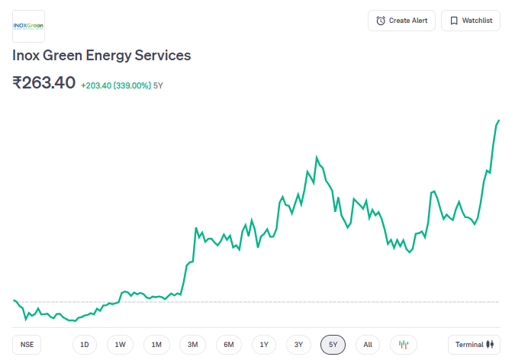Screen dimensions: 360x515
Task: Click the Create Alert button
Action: (401, 21)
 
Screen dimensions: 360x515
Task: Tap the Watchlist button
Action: (471, 21)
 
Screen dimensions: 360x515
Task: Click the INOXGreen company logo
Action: (29, 26)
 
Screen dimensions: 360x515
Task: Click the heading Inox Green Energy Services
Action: (101, 56)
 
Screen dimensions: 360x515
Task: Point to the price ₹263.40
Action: (43, 82)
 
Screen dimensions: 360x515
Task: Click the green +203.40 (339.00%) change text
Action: (115, 85)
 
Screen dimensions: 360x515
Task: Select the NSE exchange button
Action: (27, 345)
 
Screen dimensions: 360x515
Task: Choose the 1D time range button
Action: (85, 345)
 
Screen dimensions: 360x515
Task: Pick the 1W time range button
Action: (121, 345)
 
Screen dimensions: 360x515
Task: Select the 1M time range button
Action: (156, 345)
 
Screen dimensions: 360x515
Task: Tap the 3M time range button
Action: (192, 345)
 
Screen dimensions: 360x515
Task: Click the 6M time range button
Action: (228, 345)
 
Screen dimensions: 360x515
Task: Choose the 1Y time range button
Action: (264, 345)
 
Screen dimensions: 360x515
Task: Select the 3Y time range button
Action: (298, 345)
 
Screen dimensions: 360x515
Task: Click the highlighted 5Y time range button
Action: (333, 345)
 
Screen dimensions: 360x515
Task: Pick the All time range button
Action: (368, 345)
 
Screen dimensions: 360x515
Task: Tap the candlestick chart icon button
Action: (404, 345)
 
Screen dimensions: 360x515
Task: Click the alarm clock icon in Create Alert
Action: (381, 21)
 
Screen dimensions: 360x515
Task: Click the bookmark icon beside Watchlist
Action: (454, 21)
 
